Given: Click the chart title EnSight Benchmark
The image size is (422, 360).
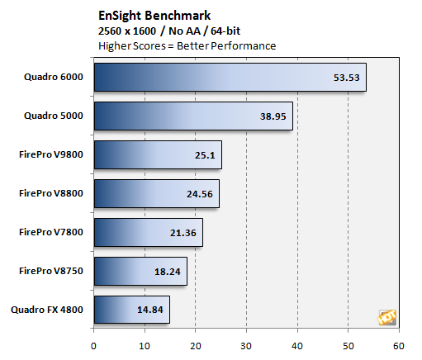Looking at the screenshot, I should pyautogui.click(x=154, y=15).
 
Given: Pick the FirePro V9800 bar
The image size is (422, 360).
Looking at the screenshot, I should pyautogui.click(x=158, y=154).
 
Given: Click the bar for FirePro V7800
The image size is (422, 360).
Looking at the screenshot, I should pyautogui.click(x=148, y=232).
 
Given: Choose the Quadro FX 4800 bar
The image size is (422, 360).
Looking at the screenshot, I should pyautogui.click(x=131, y=310).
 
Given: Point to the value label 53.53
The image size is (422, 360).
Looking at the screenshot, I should pyautogui.click(x=345, y=78).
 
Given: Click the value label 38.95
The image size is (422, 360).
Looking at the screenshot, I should pyautogui.click(x=271, y=116).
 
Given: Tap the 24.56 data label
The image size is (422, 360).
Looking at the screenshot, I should pyautogui.click(x=198, y=194).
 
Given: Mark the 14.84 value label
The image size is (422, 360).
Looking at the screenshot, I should pyautogui.click(x=149, y=310).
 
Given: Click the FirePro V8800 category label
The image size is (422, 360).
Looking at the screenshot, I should pyautogui.click(x=49, y=193).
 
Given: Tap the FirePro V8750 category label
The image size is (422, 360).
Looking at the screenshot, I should pyautogui.click(x=49, y=271).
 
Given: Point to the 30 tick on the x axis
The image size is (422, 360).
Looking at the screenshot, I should pyautogui.click(x=246, y=345).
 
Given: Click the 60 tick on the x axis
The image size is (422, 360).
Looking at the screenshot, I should pyautogui.click(x=399, y=345).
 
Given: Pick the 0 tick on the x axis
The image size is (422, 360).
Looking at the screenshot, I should pyautogui.click(x=94, y=345).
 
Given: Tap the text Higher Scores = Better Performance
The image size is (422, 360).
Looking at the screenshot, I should pyautogui.click(x=187, y=45).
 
